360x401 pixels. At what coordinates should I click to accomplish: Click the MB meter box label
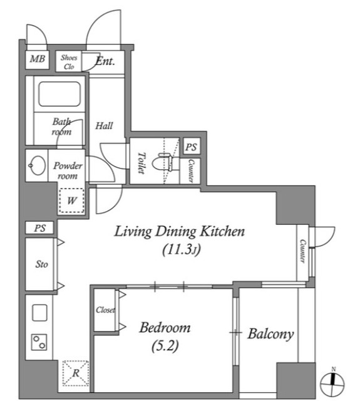(38, 59)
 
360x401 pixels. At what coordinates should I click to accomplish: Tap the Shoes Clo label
(69, 62)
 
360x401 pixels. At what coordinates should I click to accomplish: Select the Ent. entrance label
(105, 61)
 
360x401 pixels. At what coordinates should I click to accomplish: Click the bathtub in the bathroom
(59, 94)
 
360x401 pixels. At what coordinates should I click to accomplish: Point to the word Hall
(104, 126)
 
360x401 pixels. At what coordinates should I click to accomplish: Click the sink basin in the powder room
(38, 165)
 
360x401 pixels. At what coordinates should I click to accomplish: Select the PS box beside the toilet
(191, 147)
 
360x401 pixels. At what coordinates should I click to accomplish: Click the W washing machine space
(71, 200)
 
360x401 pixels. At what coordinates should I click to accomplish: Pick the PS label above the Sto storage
(40, 228)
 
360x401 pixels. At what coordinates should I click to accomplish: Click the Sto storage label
(42, 264)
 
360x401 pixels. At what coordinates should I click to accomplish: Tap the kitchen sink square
(39, 313)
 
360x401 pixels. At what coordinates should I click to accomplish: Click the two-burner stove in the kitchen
(39, 342)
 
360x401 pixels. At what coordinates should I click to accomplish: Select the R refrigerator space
(76, 373)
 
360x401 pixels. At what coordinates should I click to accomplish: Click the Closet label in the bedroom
(105, 310)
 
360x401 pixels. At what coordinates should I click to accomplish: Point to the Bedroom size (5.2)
(165, 346)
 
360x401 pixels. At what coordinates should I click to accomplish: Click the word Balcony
(271, 334)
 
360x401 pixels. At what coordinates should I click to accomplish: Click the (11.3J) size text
(182, 249)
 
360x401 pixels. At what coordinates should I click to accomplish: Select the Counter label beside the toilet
(190, 171)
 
